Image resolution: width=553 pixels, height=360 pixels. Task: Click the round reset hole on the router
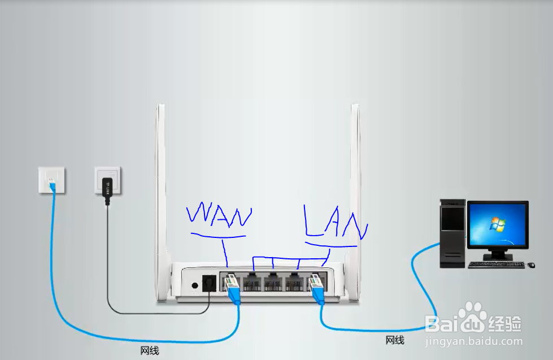pos(195,285)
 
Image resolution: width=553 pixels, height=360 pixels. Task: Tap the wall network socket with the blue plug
pos(51,180)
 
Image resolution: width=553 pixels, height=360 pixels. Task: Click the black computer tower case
pos(453,232)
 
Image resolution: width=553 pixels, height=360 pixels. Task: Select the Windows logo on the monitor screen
pos(497,224)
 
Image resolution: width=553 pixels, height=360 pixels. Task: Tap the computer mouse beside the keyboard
pos(531,265)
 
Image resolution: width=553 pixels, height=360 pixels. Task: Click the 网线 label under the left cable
pos(150,351)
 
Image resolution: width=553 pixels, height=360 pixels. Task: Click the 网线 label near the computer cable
pos(395,340)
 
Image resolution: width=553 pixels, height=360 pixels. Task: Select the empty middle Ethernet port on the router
pos(273,281)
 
